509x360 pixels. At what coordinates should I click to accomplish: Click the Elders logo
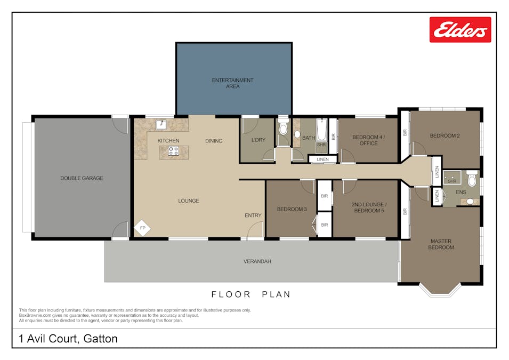pyautogui.click(x=460, y=29)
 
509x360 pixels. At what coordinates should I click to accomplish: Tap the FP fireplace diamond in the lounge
pyautogui.click(x=142, y=228)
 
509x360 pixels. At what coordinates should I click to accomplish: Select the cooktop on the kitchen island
pyautogui.click(x=174, y=151)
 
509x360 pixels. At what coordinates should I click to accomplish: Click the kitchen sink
pyautogui.click(x=160, y=125)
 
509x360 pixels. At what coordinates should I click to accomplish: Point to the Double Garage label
pyautogui.click(x=82, y=178)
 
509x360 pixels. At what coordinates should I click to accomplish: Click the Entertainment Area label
pyautogui.click(x=232, y=83)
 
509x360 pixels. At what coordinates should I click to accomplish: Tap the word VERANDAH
pyautogui.click(x=257, y=261)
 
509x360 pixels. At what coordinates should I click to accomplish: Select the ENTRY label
pyautogui.click(x=253, y=215)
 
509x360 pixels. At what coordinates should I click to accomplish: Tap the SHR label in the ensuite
pyautogui.click(x=452, y=181)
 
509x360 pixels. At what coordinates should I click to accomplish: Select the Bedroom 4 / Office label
pyautogui.click(x=367, y=140)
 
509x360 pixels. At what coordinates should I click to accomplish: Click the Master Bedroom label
pyautogui.click(x=442, y=244)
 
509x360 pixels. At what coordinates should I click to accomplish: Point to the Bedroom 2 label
pyautogui.click(x=445, y=135)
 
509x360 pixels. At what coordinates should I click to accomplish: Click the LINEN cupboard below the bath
pyautogui.click(x=322, y=159)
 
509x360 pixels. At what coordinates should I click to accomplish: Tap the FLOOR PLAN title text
pyautogui.click(x=251, y=294)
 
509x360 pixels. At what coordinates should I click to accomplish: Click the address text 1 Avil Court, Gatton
pyautogui.click(x=68, y=339)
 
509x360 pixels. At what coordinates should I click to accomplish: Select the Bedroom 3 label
pyautogui.click(x=292, y=210)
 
